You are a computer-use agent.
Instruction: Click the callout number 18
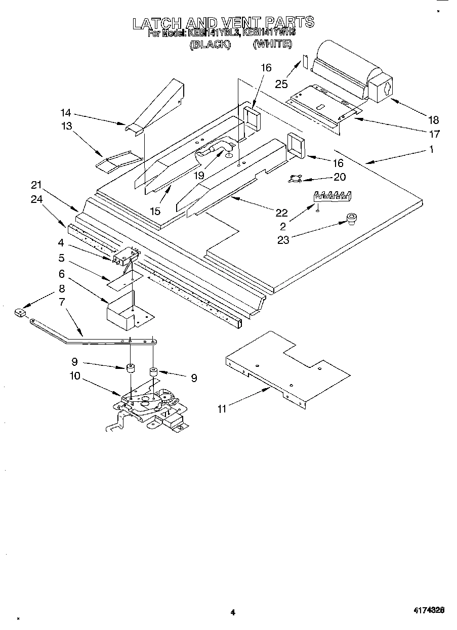click(x=433, y=120)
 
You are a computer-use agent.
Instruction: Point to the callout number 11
click(x=222, y=409)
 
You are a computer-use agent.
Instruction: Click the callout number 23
click(x=283, y=239)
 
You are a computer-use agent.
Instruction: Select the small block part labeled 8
click(x=20, y=314)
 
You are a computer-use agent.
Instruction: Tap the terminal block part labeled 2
click(x=331, y=196)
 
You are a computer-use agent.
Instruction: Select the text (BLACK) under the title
click(x=210, y=45)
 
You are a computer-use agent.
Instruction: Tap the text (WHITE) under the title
click(x=272, y=45)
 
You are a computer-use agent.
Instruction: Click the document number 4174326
click(x=428, y=611)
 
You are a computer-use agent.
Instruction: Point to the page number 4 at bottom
click(x=233, y=612)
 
